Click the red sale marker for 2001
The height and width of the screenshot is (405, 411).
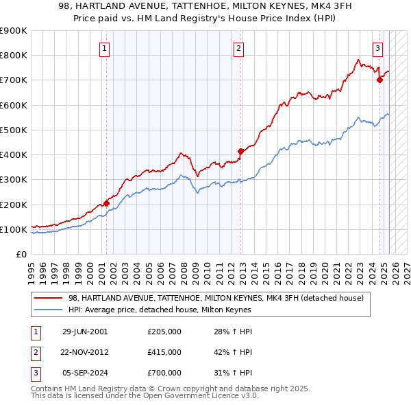click(x=106, y=203)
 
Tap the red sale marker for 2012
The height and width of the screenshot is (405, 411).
click(x=240, y=151)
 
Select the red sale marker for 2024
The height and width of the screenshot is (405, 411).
click(x=379, y=80)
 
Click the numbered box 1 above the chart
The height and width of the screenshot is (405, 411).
click(x=104, y=48)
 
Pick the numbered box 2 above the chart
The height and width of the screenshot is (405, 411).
click(x=238, y=48)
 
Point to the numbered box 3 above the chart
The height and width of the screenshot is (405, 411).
click(x=377, y=48)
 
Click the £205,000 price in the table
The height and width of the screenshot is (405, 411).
click(x=164, y=332)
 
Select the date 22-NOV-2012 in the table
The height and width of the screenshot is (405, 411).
click(x=85, y=352)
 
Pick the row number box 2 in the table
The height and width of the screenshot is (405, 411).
click(x=35, y=352)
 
